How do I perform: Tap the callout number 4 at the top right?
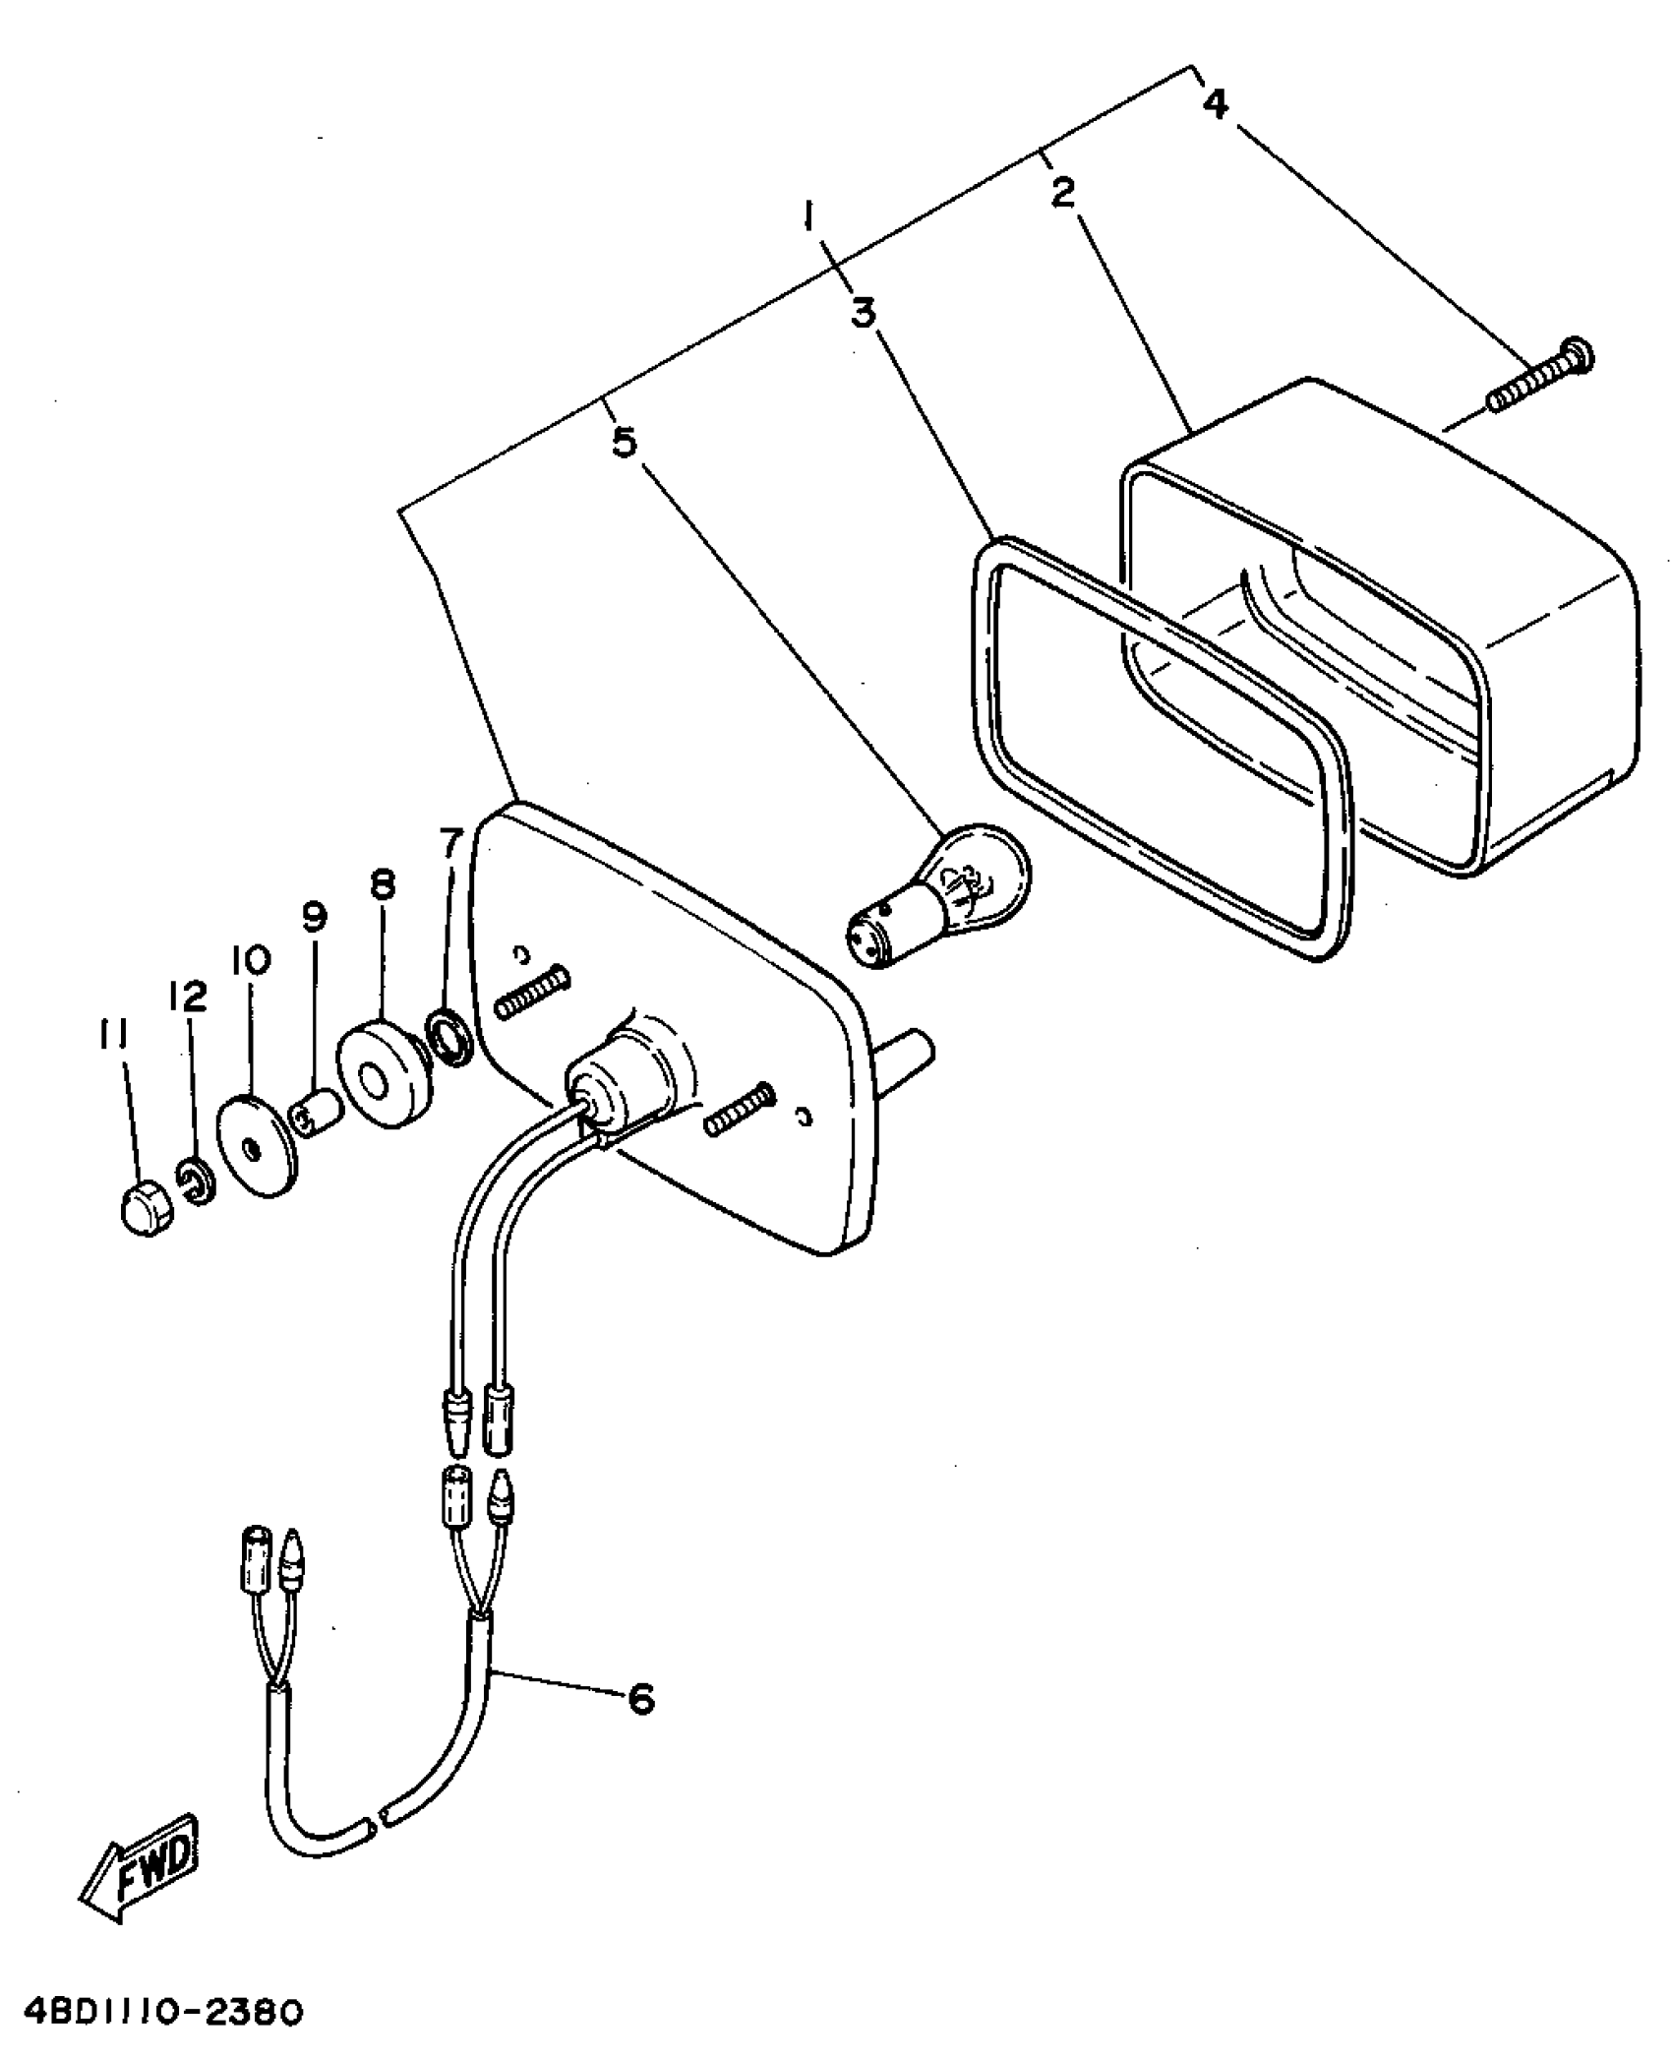[1216, 102]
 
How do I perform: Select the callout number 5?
[625, 443]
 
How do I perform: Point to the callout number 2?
[1062, 194]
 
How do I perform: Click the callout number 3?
[863, 316]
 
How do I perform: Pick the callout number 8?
[382, 885]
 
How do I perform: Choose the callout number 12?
[188, 998]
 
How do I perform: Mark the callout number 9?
[314, 919]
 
